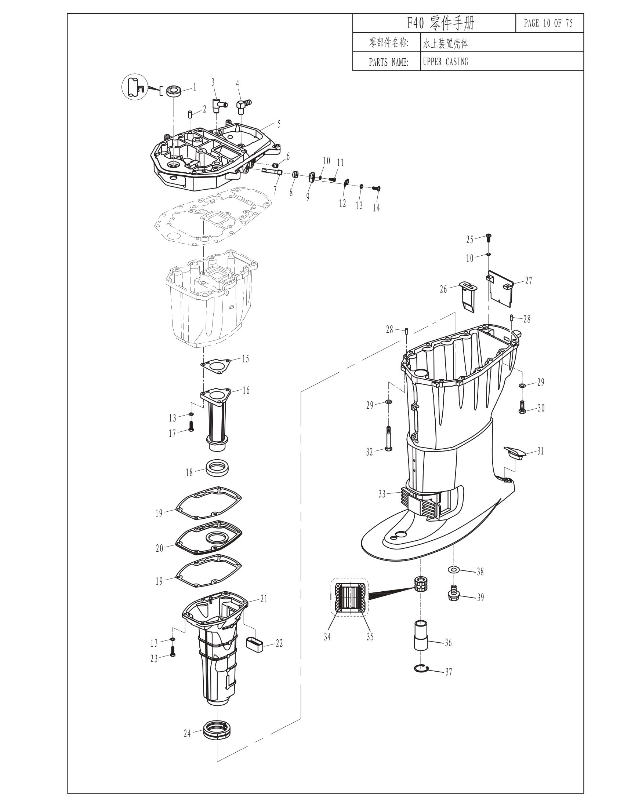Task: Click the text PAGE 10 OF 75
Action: coord(548,23)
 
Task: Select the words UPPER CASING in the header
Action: coord(446,62)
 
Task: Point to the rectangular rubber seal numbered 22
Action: coord(254,644)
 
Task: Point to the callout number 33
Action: coord(382,494)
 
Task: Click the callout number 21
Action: coord(264,599)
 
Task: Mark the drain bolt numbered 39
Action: coord(454,594)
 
